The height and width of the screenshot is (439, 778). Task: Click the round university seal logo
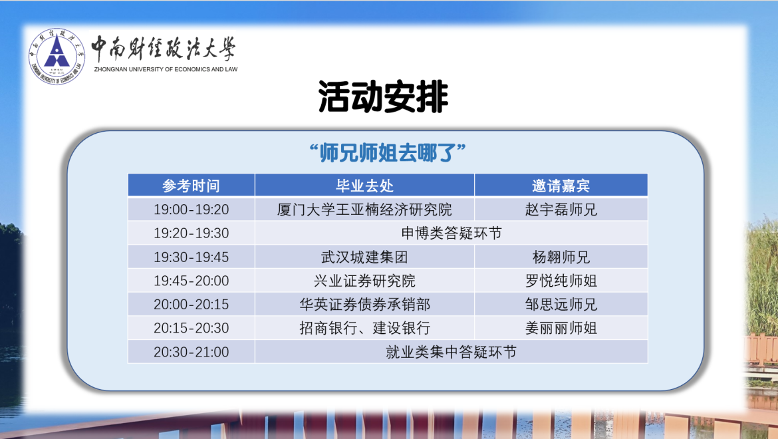tap(57, 56)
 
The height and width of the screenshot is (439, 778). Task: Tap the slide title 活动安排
tap(383, 96)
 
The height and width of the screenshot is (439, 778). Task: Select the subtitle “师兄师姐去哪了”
tap(387, 153)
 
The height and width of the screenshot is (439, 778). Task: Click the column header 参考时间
tap(191, 186)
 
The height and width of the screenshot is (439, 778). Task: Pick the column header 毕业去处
tap(364, 186)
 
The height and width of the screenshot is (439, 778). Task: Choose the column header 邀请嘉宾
tap(561, 186)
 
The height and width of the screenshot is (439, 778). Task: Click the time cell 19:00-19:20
tap(191, 210)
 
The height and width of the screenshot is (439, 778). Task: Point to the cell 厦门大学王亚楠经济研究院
tap(364, 210)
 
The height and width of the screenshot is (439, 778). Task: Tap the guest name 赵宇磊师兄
tap(561, 210)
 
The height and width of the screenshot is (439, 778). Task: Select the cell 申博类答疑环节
tap(452, 233)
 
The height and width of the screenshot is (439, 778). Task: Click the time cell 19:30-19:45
tap(191, 257)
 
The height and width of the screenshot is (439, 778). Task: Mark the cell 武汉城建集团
tap(364, 257)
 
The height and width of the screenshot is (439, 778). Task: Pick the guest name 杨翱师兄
tap(561, 257)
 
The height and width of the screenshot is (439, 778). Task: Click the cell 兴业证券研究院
tap(364, 281)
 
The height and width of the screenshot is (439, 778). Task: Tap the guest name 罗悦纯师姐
tap(561, 281)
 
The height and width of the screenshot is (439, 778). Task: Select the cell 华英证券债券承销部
tap(364, 304)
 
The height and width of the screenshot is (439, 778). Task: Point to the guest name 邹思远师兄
tap(561, 304)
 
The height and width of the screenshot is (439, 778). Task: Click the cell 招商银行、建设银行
tap(364, 328)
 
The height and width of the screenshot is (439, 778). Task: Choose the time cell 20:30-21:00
tap(191, 352)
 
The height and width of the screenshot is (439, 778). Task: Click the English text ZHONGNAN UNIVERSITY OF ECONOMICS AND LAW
tap(166, 69)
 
